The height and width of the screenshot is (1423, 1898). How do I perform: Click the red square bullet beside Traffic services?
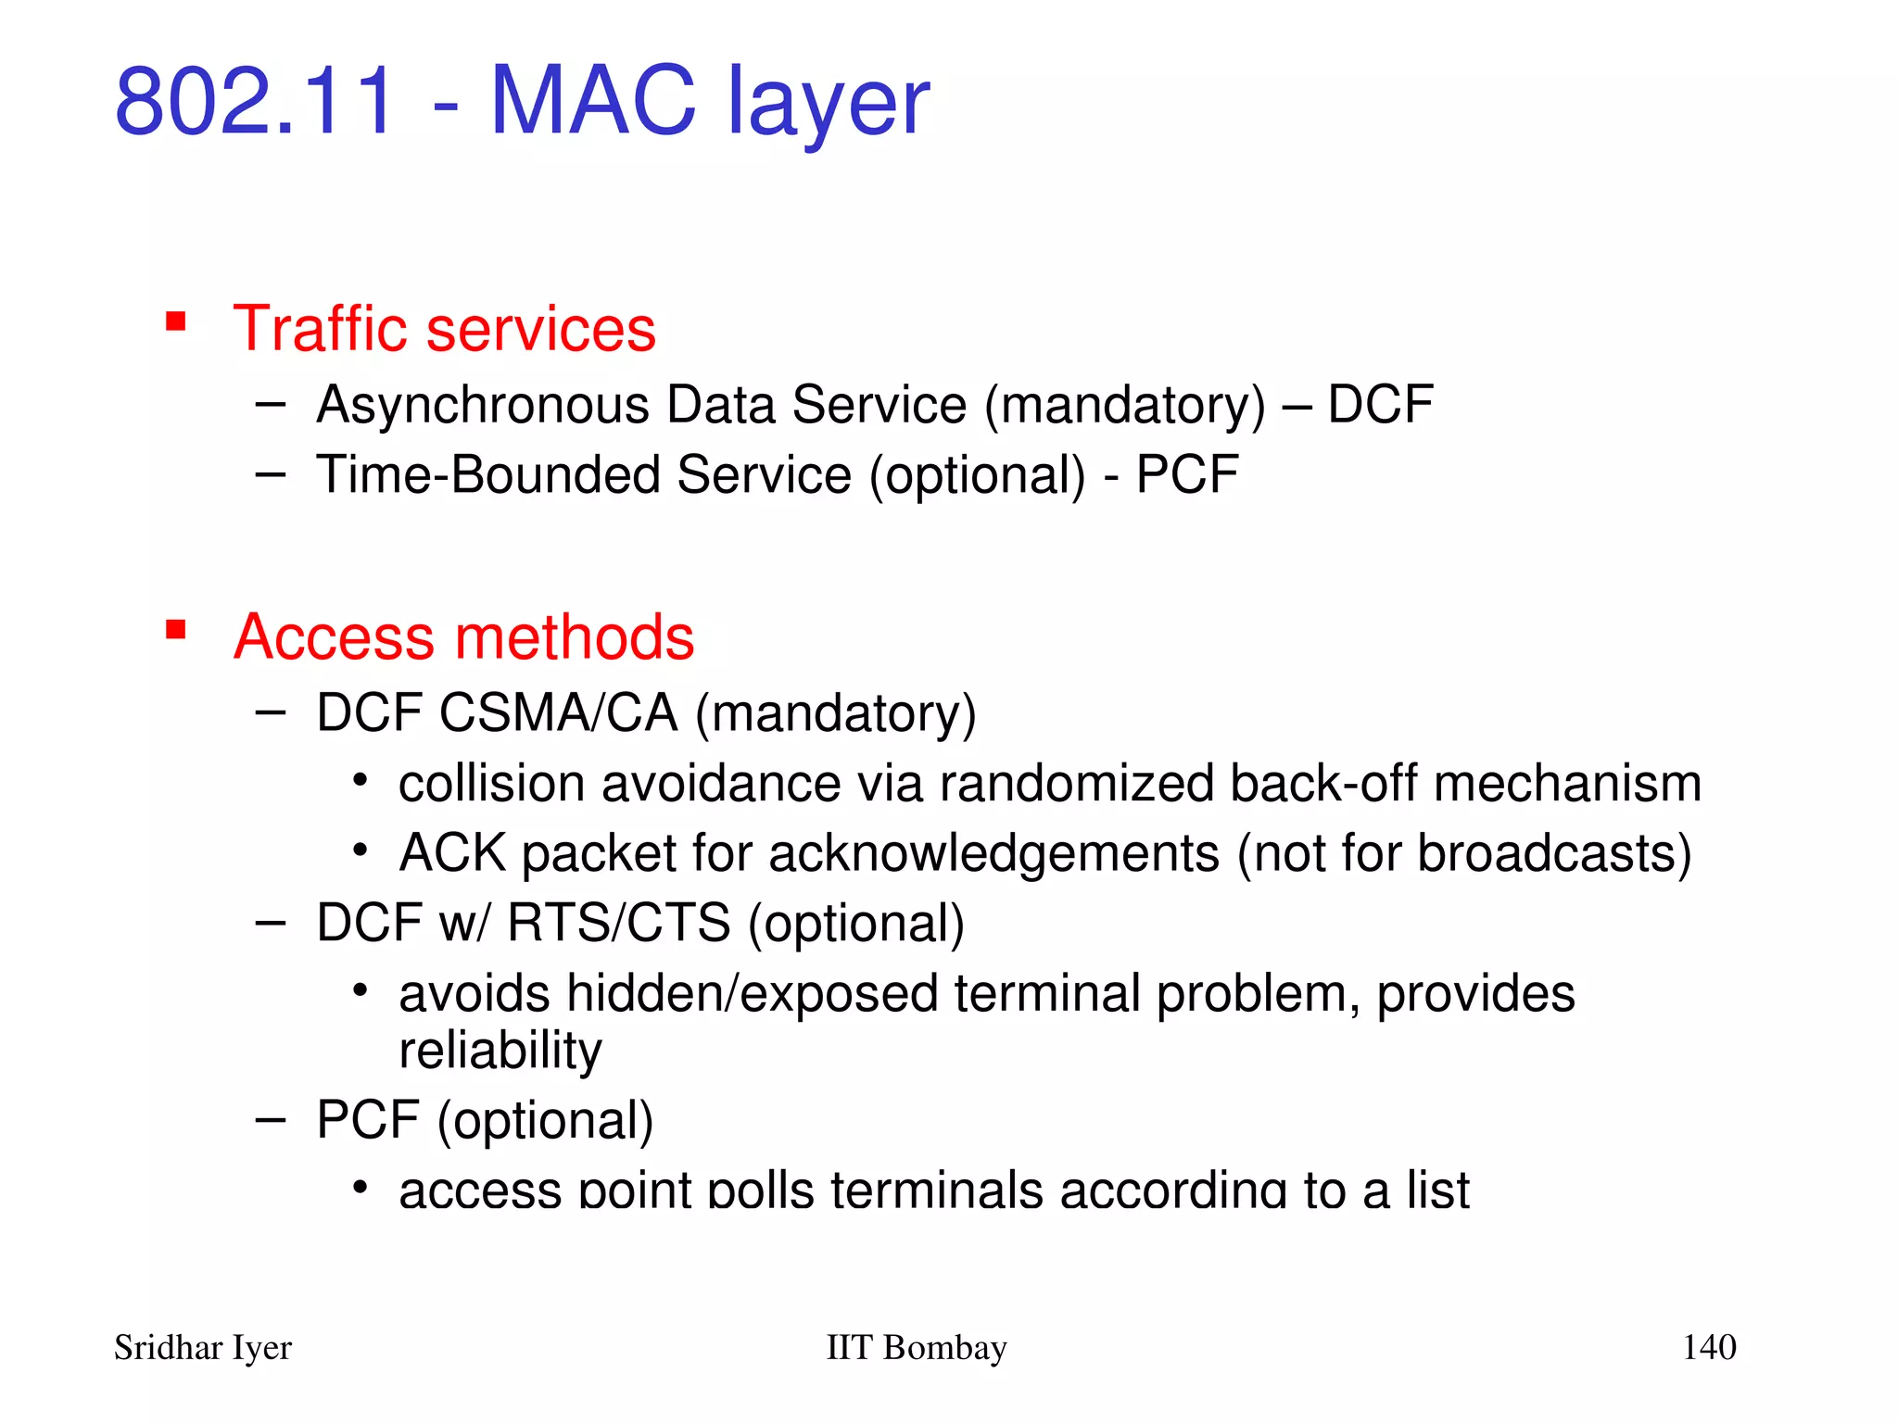(x=176, y=322)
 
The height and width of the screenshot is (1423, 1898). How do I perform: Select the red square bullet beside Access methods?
(x=176, y=631)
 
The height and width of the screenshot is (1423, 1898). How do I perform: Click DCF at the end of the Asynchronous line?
(x=1379, y=405)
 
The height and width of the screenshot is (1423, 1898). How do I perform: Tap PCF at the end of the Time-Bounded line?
(x=1186, y=475)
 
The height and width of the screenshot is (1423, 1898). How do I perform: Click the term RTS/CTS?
(x=618, y=924)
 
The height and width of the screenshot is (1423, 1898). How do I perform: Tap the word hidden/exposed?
(x=753, y=994)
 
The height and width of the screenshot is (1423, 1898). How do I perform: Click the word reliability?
(x=500, y=1052)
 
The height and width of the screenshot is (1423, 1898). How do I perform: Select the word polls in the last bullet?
(x=761, y=1191)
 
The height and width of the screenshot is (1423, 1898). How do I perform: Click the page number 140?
(x=1708, y=1347)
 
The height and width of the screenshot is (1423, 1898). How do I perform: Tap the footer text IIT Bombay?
(x=916, y=1348)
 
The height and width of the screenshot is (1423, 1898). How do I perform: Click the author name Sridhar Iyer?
(x=202, y=1348)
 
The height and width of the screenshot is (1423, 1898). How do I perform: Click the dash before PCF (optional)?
(x=270, y=1121)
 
